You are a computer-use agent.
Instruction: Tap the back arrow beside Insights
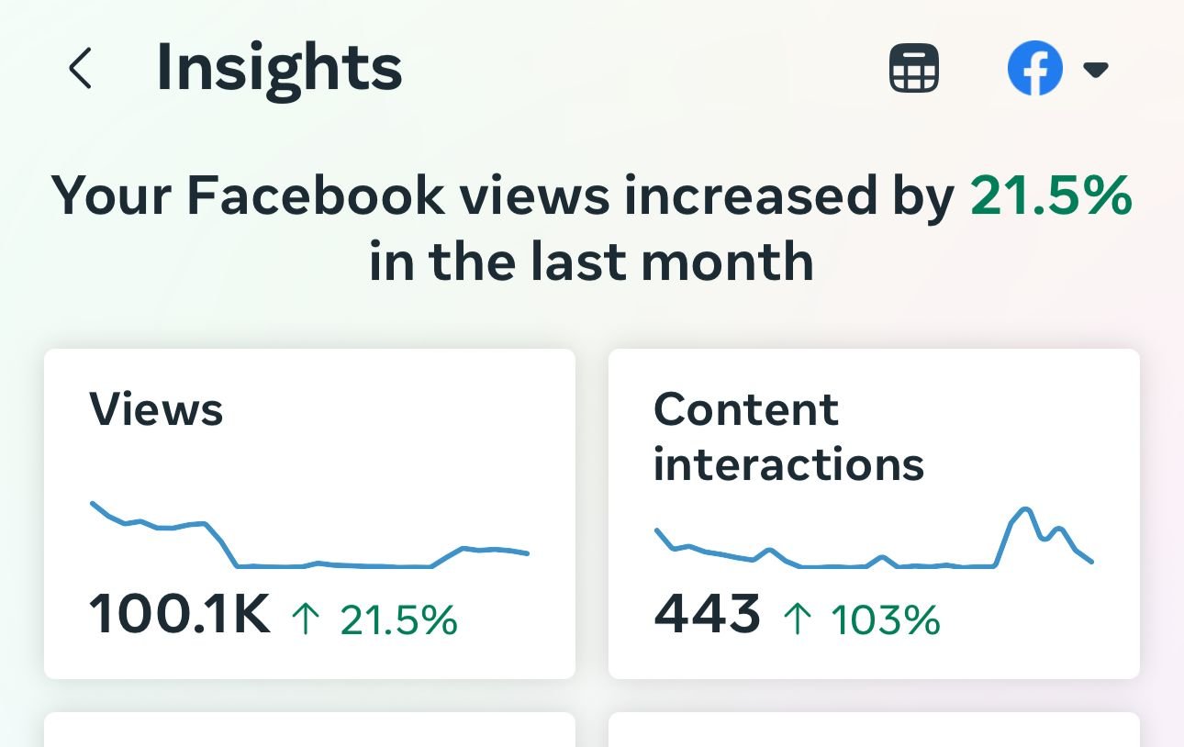[81, 69]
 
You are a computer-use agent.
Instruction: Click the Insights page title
[279, 68]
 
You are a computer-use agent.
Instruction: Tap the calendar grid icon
[914, 69]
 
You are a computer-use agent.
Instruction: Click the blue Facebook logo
[1035, 69]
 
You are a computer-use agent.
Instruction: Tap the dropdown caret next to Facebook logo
[1096, 70]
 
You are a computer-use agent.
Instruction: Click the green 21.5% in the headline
[1051, 195]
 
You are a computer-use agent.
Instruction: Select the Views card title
[156, 409]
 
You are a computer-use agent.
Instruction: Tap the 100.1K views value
[180, 615]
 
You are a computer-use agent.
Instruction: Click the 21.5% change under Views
[398, 620]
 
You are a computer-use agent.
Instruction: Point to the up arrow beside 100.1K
[306, 620]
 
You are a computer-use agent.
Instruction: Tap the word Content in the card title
[746, 409]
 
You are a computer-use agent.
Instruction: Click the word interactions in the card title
[788, 464]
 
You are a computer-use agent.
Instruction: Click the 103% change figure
[886, 620]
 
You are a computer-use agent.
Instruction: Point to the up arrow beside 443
[798, 620]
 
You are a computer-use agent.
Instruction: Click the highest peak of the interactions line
[1025, 508]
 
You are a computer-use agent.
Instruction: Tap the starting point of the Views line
[94, 503]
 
